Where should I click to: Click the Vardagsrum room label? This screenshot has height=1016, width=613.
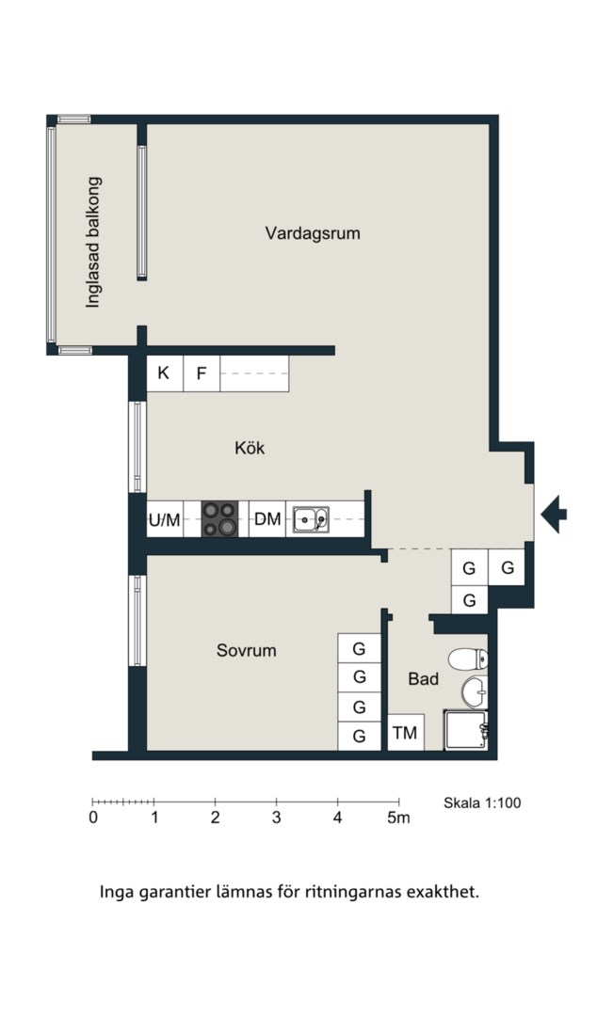click(313, 233)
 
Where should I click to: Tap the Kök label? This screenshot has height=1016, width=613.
click(250, 448)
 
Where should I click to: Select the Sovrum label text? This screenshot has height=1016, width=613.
click(247, 650)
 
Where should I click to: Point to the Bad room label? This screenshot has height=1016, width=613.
click(424, 679)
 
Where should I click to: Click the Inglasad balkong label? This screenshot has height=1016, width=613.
click(94, 243)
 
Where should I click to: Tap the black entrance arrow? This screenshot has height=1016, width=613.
click(554, 514)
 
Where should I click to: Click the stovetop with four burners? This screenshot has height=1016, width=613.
click(220, 519)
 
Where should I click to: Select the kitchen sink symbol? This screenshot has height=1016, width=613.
click(311, 519)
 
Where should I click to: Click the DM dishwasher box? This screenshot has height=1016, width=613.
click(267, 519)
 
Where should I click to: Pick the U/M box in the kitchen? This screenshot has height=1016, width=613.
click(165, 519)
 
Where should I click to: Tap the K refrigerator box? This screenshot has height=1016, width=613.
click(165, 373)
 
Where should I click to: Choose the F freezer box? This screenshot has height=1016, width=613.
click(202, 373)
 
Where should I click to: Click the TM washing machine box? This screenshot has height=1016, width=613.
click(406, 732)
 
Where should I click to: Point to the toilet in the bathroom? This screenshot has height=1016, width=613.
click(468, 659)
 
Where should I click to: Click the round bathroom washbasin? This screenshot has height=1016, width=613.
click(475, 692)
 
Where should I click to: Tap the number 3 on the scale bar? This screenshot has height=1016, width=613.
click(276, 818)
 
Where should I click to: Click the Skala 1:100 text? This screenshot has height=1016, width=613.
click(482, 802)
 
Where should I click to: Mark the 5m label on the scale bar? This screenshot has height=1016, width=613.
click(399, 818)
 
